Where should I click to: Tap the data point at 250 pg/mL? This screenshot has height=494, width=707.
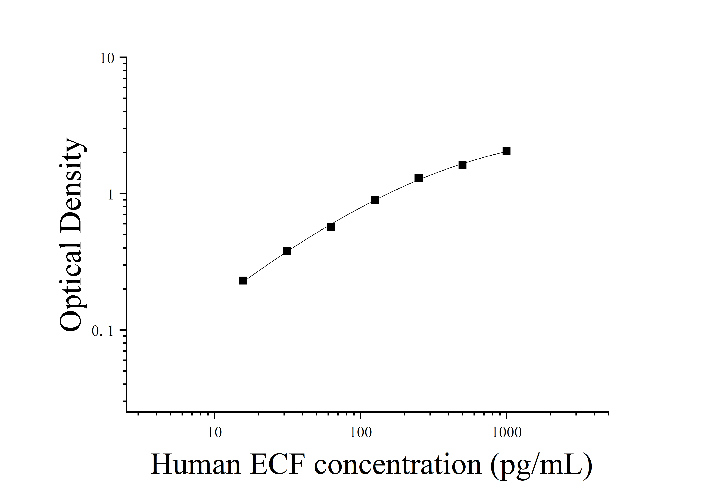(x=418, y=178)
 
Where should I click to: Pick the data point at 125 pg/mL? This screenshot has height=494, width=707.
(x=374, y=200)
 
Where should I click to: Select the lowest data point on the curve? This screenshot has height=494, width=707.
(x=243, y=281)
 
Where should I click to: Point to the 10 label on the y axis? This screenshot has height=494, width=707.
(x=107, y=58)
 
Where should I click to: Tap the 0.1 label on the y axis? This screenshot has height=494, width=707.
(x=103, y=331)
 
